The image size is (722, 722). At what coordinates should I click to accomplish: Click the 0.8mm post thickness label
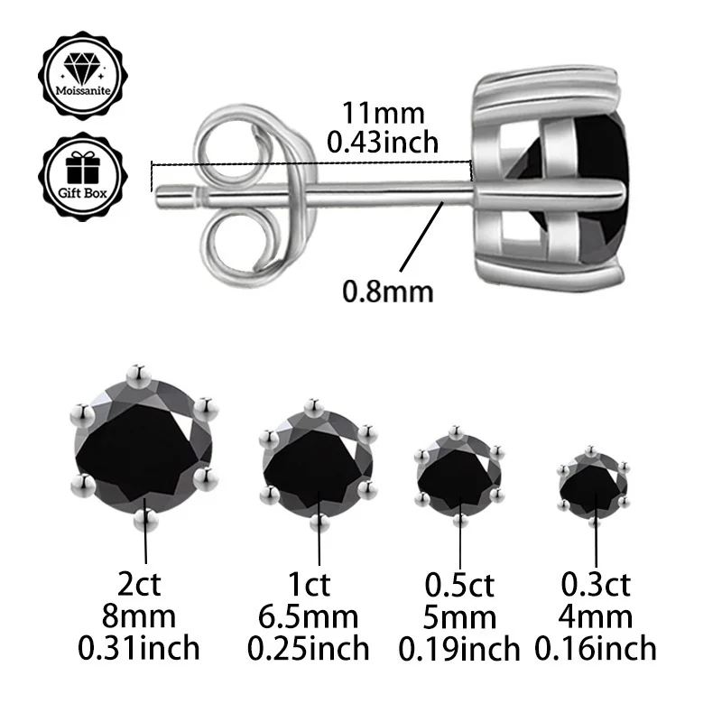[388, 292]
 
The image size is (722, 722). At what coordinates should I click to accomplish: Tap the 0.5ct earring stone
[459, 476]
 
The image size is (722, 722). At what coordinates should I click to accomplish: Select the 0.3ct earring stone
[593, 484]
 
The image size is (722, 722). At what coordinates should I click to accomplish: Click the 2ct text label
[144, 585]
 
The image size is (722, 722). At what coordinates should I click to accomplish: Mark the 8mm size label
[144, 616]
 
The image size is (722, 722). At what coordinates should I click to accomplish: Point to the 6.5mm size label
[318, 616]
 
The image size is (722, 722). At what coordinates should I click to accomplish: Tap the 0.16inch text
[596, 648]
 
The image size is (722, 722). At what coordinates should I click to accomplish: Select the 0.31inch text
[144, 648]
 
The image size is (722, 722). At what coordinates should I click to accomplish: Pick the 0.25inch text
[318, 648]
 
